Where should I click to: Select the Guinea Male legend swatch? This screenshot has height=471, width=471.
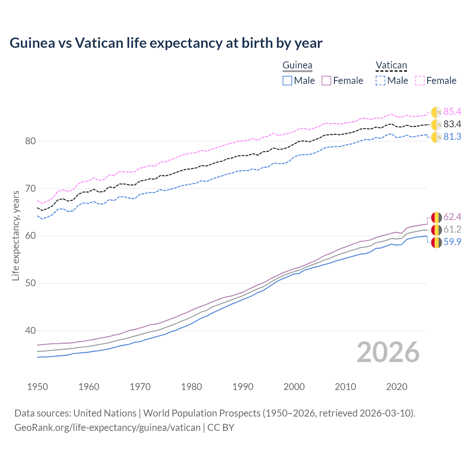point(287,81)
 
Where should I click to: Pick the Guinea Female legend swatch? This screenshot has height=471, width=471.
point(326,81)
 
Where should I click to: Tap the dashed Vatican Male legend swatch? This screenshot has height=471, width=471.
point(380,81)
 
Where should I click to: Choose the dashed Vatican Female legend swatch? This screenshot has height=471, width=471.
point(420,81)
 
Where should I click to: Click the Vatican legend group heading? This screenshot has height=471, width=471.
point(391,65)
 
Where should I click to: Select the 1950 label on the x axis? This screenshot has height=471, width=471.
point(38,387)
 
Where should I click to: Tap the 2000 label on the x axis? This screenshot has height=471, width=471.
point(294,387)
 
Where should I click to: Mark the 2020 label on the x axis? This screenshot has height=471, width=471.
point(397,387)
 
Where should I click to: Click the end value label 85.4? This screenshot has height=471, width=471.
point(452,111)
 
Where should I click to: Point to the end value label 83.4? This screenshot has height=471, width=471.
point(452,124)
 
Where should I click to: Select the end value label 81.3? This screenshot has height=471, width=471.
point(452,137)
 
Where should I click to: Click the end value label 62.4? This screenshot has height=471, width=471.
point(452,217)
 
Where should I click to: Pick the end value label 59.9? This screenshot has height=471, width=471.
point(452,242)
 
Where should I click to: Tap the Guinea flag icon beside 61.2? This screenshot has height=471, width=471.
point(436,230)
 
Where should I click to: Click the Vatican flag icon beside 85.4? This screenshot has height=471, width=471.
point(436,112)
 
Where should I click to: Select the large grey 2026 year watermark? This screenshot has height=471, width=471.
point(388,352)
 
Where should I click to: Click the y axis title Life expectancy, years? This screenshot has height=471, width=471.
point(15,235)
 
